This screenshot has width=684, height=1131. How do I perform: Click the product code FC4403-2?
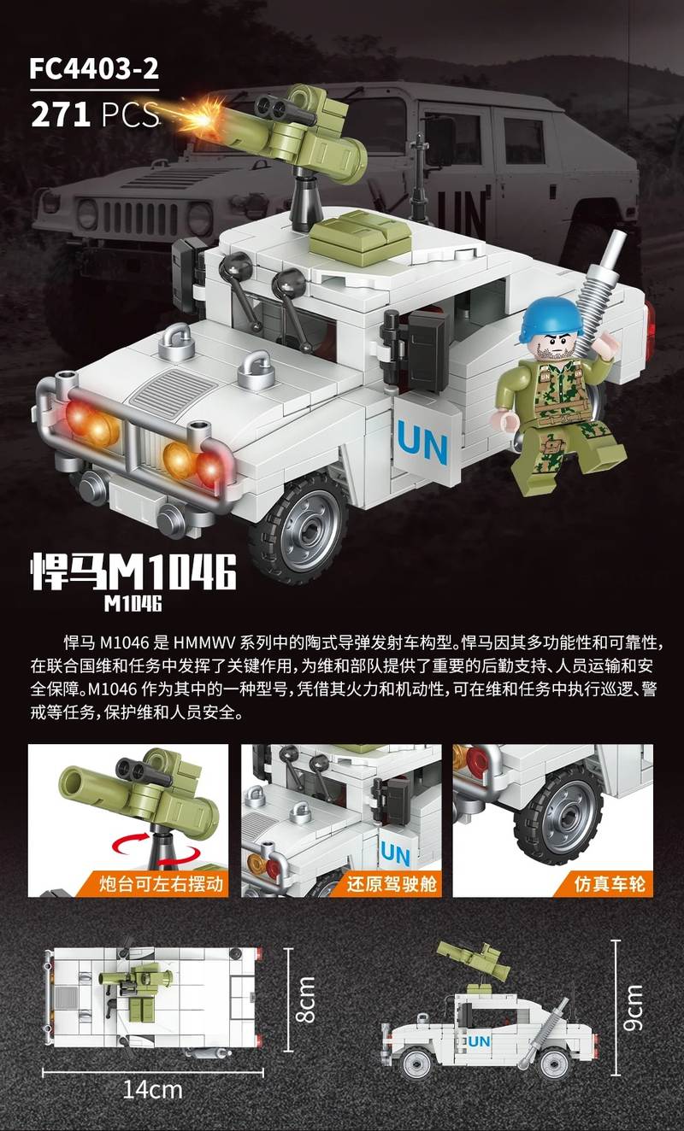(x=94, y=69)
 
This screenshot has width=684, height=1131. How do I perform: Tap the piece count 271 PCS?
(x=95, y=114)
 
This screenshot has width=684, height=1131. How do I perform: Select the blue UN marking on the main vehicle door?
(x=422, y=442)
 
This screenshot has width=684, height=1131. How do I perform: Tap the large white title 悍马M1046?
(x=133, y=572)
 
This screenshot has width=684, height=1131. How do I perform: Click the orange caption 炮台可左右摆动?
(x=161, y=883)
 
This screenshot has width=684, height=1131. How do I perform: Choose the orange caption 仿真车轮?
(x=609, y=883)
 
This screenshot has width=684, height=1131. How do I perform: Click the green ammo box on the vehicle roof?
(x=360, y=237)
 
